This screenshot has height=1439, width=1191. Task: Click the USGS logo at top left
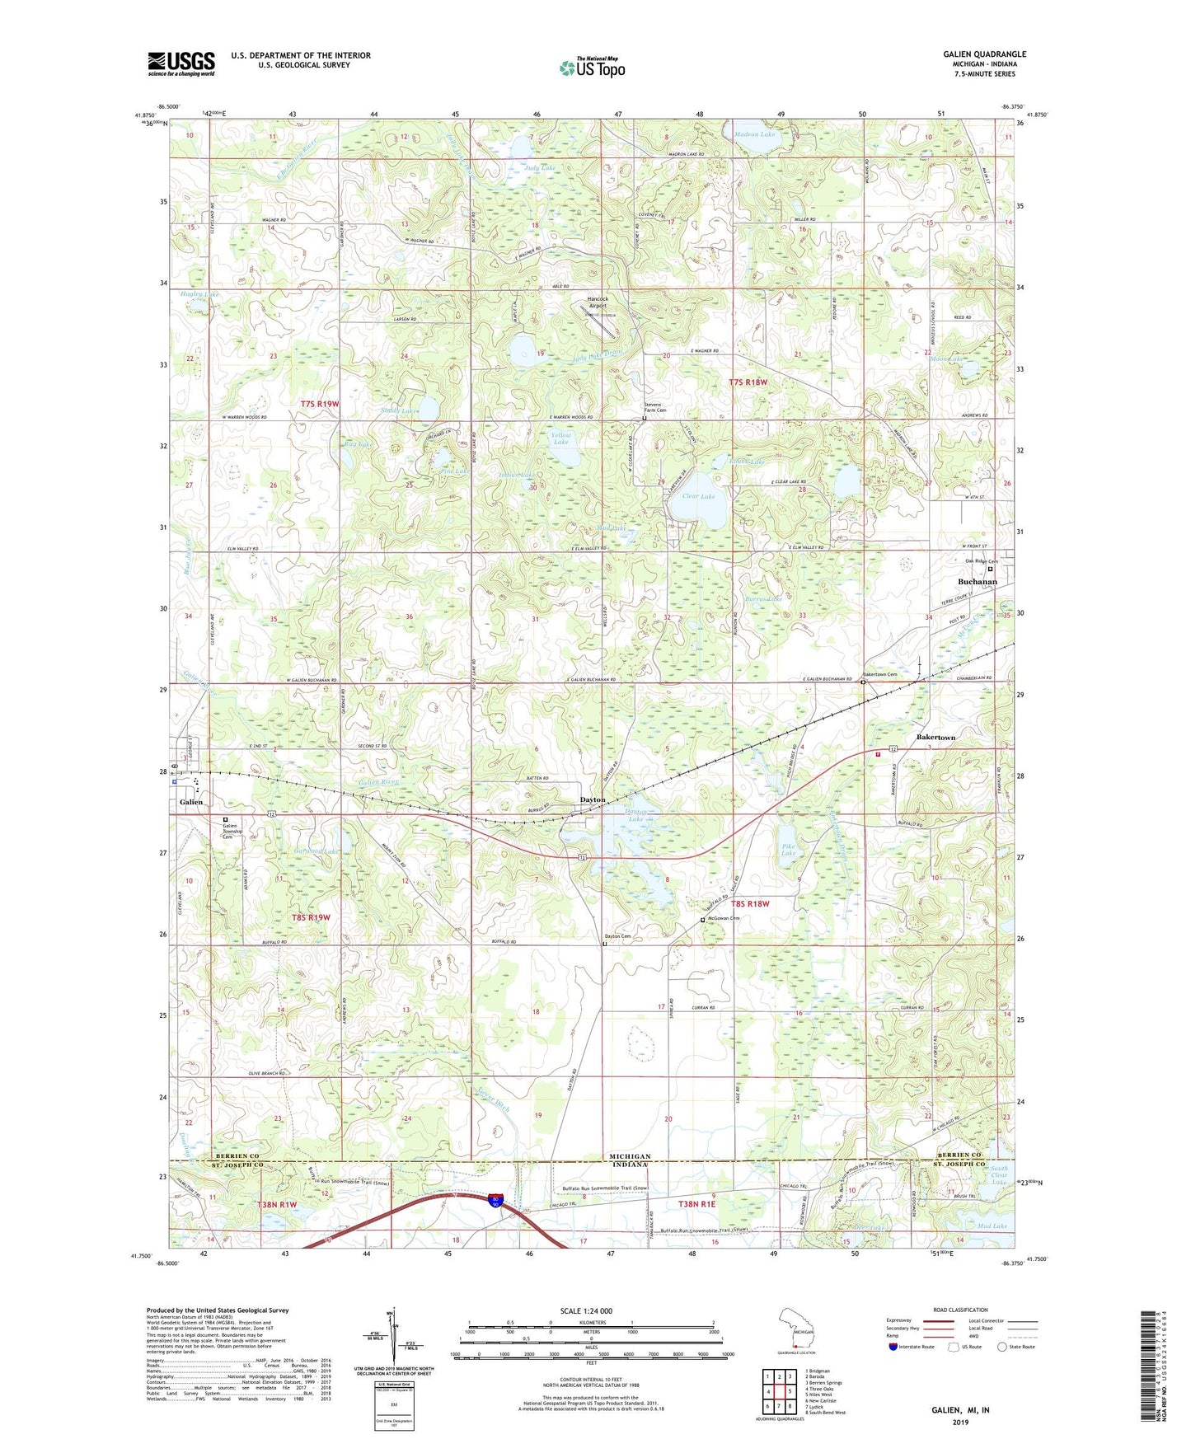tap(181, 63)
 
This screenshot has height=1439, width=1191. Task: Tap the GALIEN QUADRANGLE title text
tap(984, 54)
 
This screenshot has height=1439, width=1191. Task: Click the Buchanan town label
tap(977, 582)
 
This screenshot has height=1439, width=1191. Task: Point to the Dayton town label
tap(592, 800)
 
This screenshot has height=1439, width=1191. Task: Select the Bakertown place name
tap(935, 737)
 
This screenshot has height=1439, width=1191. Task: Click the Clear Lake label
tap(698, 497)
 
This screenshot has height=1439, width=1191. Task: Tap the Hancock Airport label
tap(597, 302)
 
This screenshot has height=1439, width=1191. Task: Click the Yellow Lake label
tap(560, 438)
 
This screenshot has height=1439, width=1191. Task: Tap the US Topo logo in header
tap(592, 68)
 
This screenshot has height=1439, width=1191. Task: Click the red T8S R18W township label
tap(748, 904)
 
